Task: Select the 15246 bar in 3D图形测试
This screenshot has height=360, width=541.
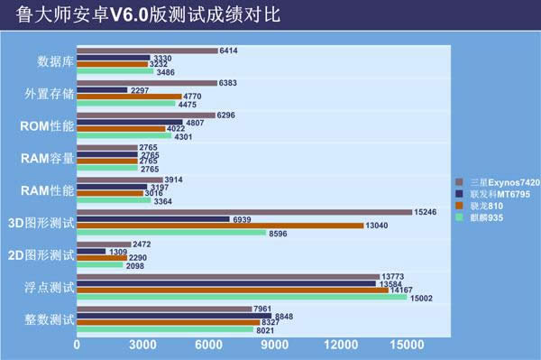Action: click(x=244, y=212)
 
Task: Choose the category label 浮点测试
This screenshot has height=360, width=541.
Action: click(x=50, y=288)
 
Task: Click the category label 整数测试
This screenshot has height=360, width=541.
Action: click(x=50, y=320)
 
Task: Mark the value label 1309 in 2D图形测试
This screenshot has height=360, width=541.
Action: click(x=119, y=252)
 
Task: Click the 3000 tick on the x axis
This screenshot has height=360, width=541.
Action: click(x=142, y=346)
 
